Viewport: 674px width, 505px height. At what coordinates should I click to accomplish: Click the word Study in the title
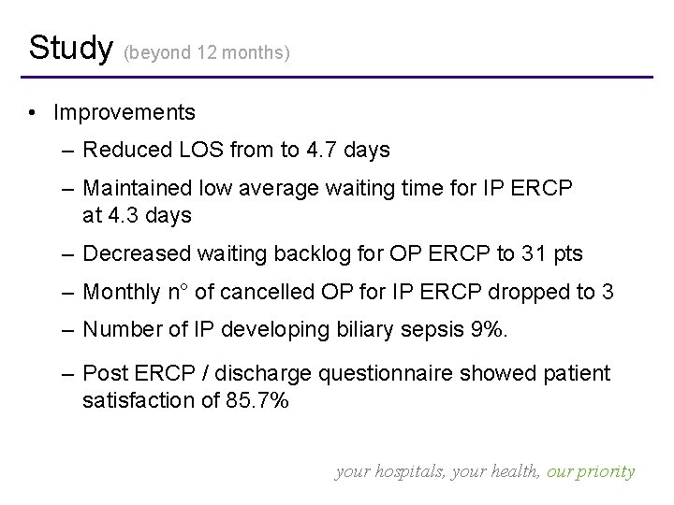[x=70, y=47]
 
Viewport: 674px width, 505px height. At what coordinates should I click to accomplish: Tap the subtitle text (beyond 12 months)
[x=207, y=53]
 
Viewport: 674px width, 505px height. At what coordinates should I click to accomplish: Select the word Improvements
[x=125, y=113]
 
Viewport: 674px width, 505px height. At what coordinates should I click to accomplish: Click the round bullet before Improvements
[x=33, y=114]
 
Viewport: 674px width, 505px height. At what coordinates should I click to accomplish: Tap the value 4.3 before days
[x=123, y=215]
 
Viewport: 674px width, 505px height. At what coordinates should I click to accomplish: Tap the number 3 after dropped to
[x=608, y=292]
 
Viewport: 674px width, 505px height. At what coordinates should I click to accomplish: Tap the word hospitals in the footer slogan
[x=408, y=472]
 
